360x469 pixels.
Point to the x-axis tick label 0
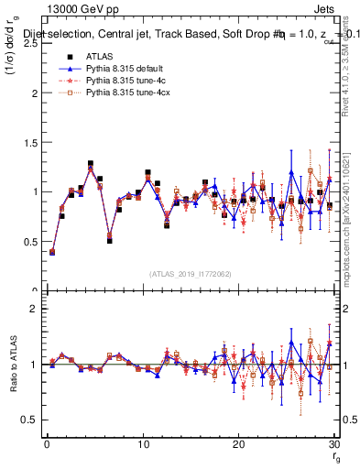coord(47,445)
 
